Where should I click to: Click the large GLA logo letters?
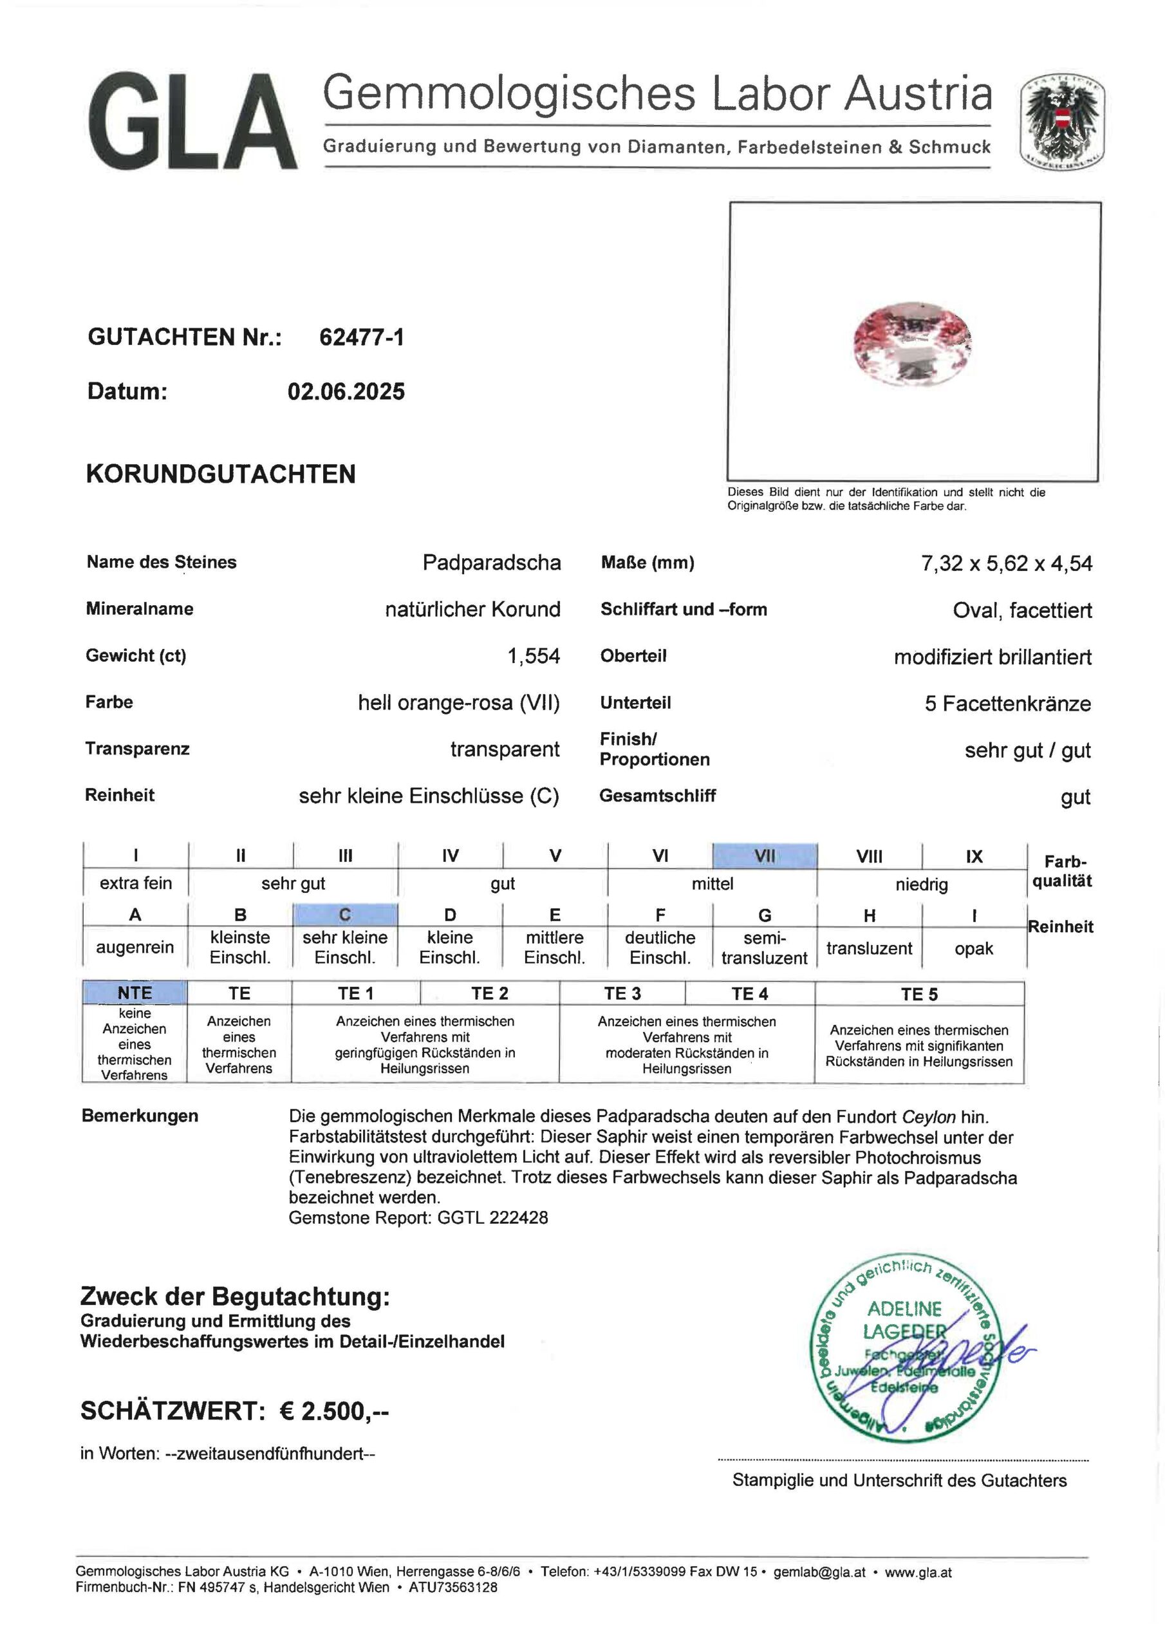(x=192, y=122)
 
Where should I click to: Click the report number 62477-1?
(x=362, y=337)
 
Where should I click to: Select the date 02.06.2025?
(x=346, y=391)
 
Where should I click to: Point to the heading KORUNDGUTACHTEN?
(x=221, y=474)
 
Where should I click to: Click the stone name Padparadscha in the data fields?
(x=491, y=562)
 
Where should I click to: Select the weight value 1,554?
(x=534, y=655)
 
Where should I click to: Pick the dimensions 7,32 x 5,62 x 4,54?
(x=1007, y=563)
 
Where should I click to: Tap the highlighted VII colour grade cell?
(x=765, y=856)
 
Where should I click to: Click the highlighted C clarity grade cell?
(x=344, y=914)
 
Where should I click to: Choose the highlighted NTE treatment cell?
(x=135, y=993)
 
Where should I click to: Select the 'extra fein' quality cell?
(x=136, y=883)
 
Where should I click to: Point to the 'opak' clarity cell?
(x=973, y=948)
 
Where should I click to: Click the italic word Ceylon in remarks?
(x=928, y=1117)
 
